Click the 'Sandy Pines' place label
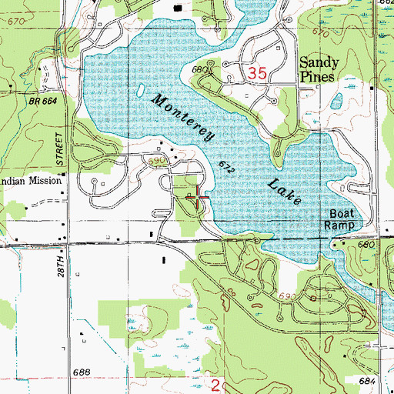tap(326, 74)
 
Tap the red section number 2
tap(217, 382)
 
